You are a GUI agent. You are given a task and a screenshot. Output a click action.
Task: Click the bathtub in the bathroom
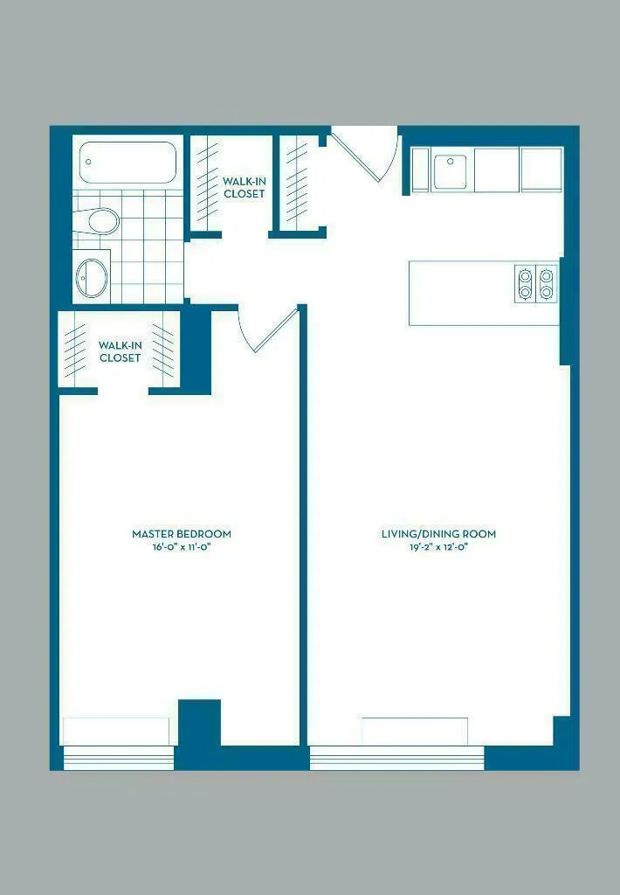[x=128, y=163]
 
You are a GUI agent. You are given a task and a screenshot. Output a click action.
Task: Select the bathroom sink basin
[x=92, y=278]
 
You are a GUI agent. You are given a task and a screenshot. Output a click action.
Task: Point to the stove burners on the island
[x=536, y=283]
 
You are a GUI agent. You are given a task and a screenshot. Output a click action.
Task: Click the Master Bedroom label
[x=182, y=533]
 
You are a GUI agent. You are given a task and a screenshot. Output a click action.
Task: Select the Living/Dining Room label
[x=438, y=533]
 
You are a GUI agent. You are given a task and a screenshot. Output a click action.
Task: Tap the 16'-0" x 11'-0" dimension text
[x=182, y=547]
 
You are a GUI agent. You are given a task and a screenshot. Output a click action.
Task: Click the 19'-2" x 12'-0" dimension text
[x=438, y=547]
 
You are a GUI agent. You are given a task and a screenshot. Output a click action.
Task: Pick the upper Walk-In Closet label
[x=244, y=187]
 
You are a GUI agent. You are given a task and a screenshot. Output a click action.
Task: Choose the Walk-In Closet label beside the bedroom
[x=120, y=351]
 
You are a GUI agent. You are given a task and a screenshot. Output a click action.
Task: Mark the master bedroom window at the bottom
[x=119, y=756]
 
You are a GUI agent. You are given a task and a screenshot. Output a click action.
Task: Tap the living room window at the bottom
[x=396, y=757]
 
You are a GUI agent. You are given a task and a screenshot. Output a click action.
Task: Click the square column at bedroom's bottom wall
[x=199, y=722]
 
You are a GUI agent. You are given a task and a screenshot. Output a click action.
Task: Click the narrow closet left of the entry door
[x=298, y=184]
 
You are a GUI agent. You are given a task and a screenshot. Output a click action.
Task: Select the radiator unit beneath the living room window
[x=415, y=731]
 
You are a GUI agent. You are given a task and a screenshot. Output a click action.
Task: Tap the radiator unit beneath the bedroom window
[x=116, y=731]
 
